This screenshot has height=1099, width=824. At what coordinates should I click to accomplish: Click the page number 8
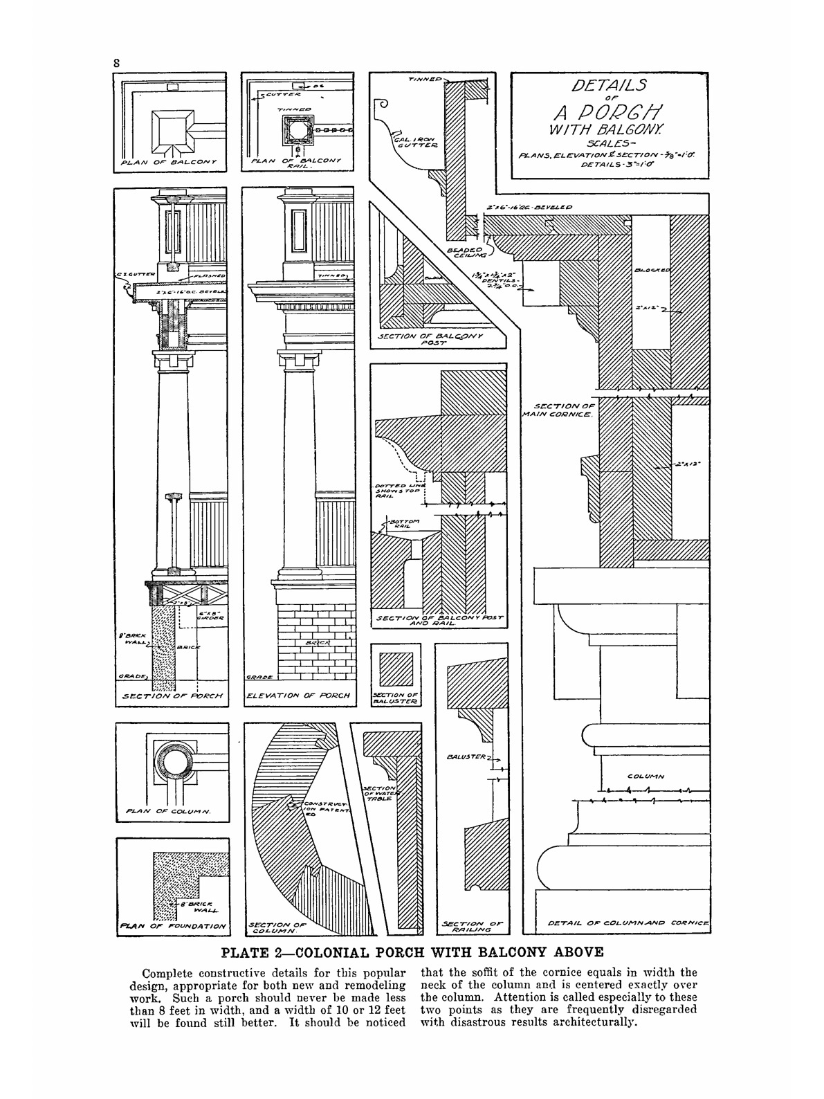coord(118,62)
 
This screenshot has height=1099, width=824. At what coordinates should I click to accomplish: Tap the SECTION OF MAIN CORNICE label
coord(562,410)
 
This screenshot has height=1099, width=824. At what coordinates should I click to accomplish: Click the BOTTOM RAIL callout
coord(403,523)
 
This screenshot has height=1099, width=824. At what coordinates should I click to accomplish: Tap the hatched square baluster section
coord(396,667)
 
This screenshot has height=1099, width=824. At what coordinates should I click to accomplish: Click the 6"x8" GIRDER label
coord(208,616)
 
